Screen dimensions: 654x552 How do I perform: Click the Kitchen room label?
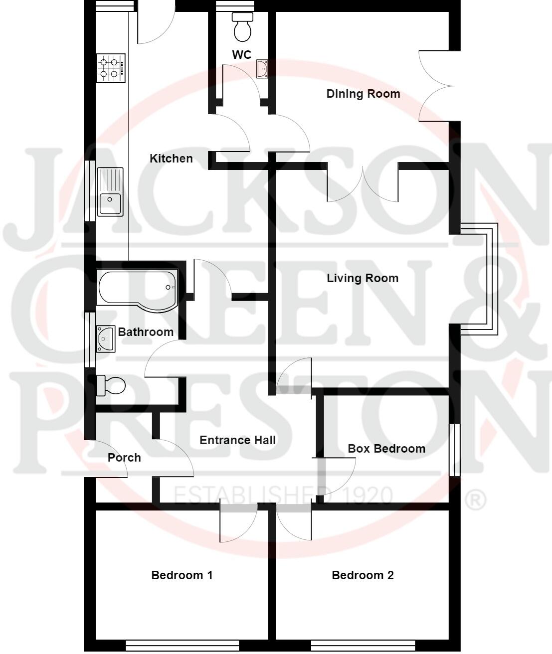pos(171,159)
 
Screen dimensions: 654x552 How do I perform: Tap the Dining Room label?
pos(363,94)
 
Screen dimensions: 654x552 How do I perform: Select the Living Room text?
pos(363,278)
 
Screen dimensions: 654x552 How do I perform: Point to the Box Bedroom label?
pos(386,449)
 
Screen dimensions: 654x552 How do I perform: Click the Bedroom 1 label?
pos(182,575)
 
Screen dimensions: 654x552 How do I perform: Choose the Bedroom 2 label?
pos(363,575)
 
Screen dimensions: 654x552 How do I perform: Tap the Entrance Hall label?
pos(237,440)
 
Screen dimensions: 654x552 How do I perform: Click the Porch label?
pos(124,458)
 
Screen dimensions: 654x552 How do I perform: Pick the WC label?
pos(242,55)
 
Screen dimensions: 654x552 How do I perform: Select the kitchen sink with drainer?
pos(110,192)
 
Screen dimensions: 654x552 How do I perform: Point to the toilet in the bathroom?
pos(111,385)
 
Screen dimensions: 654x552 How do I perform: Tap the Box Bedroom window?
pos(454,450)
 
